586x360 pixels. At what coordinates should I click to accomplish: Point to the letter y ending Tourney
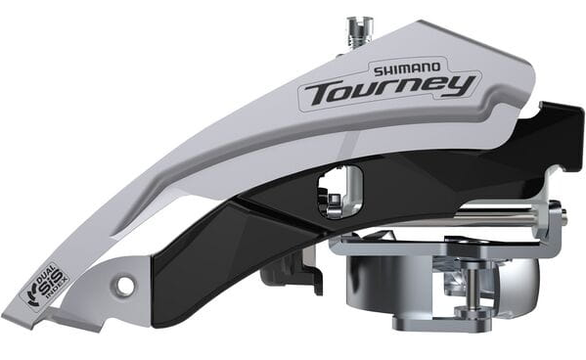457,86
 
